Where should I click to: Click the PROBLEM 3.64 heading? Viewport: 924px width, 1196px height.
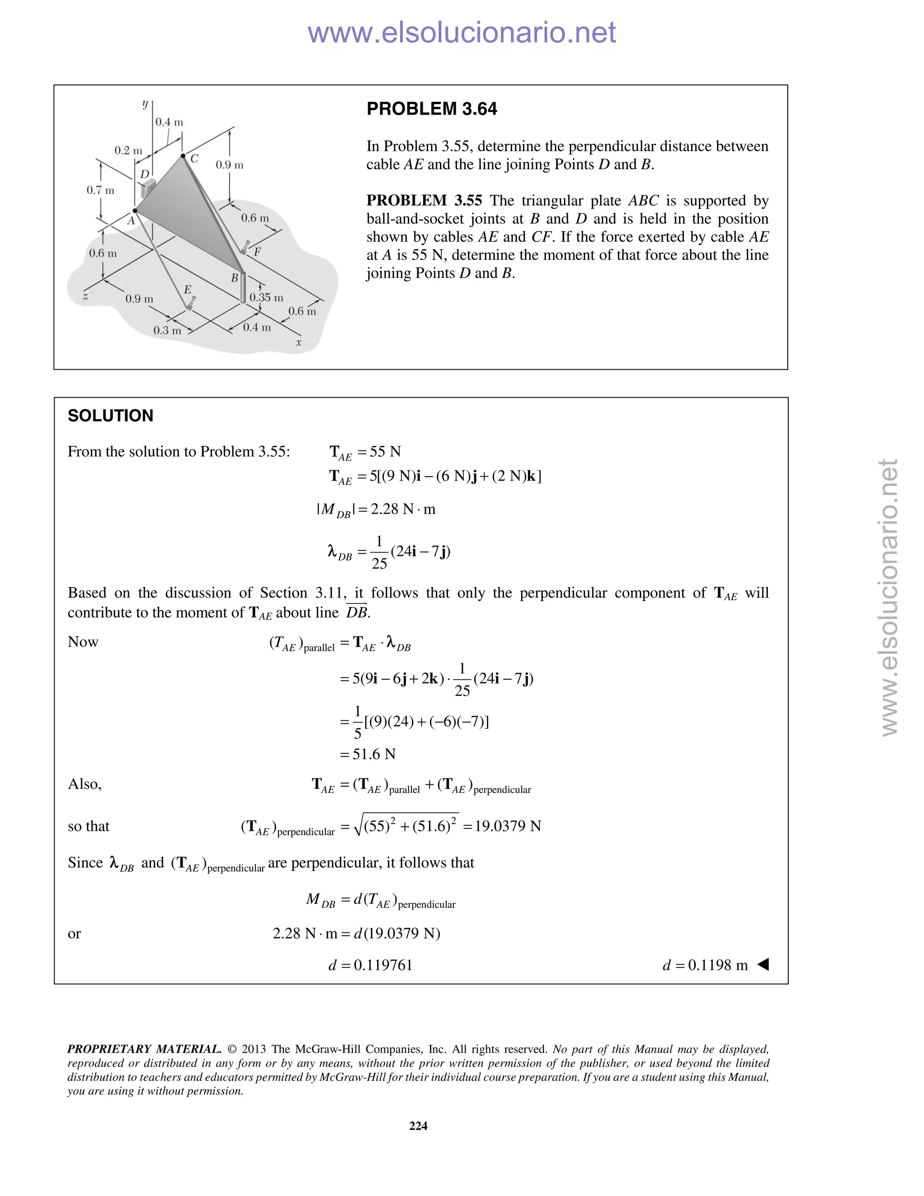(x=431, y=109)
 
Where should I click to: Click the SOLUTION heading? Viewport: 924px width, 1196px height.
(x=110, y=416)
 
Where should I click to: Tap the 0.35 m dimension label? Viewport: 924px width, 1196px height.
(x=266, y=297)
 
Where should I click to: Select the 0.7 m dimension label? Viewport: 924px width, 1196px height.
(x=100, y=190)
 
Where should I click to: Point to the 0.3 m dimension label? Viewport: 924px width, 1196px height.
(x=167, y=330)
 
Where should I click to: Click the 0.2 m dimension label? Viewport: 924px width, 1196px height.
(x=128, y=150)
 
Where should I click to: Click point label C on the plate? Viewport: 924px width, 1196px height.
(x=194, y=159)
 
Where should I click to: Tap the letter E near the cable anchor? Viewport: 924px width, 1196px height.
(x=187, y=289)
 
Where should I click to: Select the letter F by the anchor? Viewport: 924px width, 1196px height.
(x=257, y=252)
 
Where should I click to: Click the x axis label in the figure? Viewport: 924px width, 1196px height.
(x=299, y=343)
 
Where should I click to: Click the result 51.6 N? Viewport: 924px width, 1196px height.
(x=374, y=754)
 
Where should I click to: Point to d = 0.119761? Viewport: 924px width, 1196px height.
(x=370, y=965)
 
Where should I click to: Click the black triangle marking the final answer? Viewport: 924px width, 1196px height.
(x=763, y=964)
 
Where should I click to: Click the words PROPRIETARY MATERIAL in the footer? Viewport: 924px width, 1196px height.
(x=144, y=1049)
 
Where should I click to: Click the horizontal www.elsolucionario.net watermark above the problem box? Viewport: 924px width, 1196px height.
(x=462, y=33)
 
